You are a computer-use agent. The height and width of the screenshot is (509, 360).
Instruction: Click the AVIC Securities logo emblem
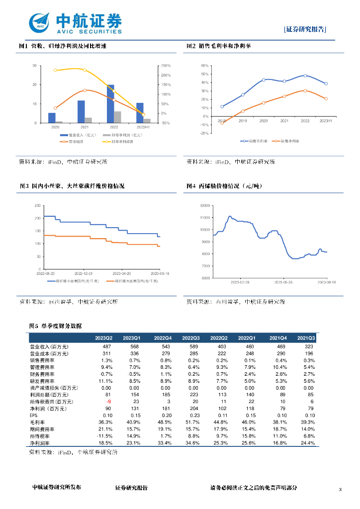click(x=40, y=23)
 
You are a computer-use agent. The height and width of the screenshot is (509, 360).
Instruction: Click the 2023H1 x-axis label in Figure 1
click(x=143, y=127)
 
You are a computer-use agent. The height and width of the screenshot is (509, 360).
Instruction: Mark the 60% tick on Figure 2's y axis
click(x=204, y=66)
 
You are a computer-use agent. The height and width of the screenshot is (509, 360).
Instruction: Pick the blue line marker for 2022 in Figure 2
click(x=305, y=76)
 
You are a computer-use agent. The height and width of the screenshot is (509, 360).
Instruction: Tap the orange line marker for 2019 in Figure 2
click(x=243, y=111)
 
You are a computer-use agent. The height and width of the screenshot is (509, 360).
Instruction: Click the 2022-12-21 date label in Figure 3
click(x=84, y=273)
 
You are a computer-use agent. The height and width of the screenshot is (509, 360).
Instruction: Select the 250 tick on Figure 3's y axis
click(x=37, y=206)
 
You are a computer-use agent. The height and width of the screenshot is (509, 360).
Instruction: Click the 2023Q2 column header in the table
click(x=104, y=338)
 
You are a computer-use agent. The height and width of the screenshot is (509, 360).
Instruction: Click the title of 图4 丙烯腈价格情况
click(x=224, y=186)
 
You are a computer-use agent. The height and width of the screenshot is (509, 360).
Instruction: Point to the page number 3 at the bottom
click(x=340, y=490)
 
